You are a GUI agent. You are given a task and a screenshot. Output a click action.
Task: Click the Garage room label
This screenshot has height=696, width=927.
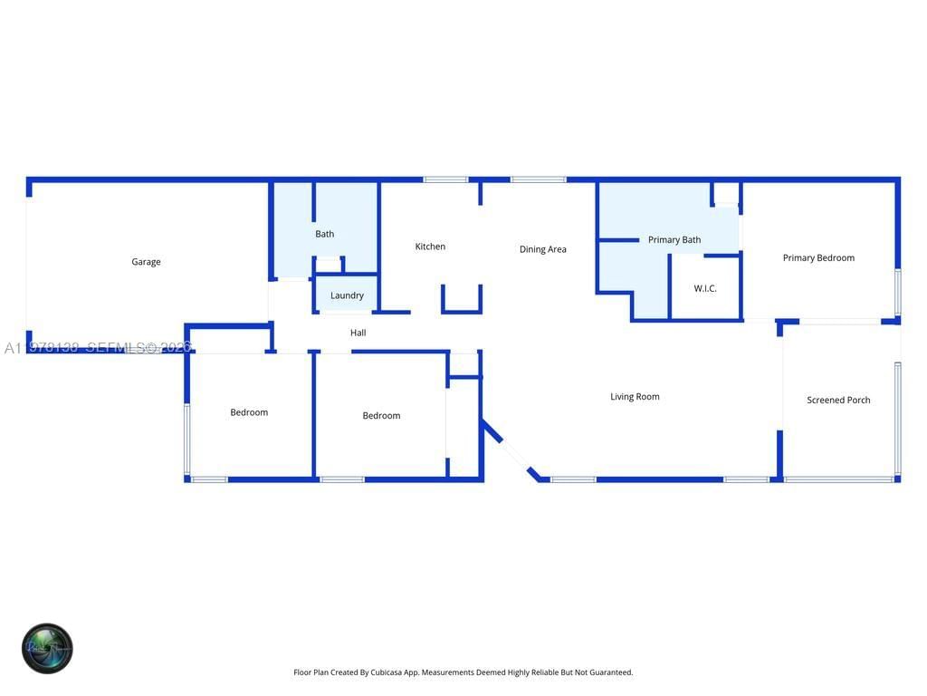click(x=146, y=262)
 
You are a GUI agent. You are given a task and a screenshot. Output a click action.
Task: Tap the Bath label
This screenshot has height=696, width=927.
click(x=324, y=234)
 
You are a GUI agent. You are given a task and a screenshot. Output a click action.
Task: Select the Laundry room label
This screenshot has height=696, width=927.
click(x=347, y=295)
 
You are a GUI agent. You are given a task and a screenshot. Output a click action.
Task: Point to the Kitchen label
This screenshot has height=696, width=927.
click(x=430, y=246)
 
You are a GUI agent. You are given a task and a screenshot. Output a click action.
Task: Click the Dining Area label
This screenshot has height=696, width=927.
click(x=542, y=249)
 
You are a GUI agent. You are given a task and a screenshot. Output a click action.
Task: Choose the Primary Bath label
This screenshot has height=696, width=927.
click(x=674, y=240)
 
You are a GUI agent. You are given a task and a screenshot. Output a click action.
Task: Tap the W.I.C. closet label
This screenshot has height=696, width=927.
click(x=705, y=288)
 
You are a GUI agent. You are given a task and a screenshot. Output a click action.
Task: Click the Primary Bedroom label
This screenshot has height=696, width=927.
click(x=818, y=257)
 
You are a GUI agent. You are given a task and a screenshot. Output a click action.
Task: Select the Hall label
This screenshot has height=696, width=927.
click(x=358, y=333)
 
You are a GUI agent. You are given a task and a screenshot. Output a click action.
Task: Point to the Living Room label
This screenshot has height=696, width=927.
click(x=635, y=396)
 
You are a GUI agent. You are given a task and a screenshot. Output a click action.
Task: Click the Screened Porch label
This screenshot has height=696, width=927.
click(x=838, y=400)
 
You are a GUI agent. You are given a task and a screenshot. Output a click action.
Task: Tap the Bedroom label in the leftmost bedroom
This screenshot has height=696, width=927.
click(x=249, y=412)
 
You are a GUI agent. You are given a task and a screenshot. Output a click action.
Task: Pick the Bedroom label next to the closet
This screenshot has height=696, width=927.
click(x=381, y=416)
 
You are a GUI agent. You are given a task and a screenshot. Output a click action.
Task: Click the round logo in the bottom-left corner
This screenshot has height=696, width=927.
click(x=47, y=648)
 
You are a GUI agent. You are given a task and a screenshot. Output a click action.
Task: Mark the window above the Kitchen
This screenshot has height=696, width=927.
click(x=445, y=179)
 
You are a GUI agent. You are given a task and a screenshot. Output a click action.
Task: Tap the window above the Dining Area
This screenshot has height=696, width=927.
click(x=538, y=179)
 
